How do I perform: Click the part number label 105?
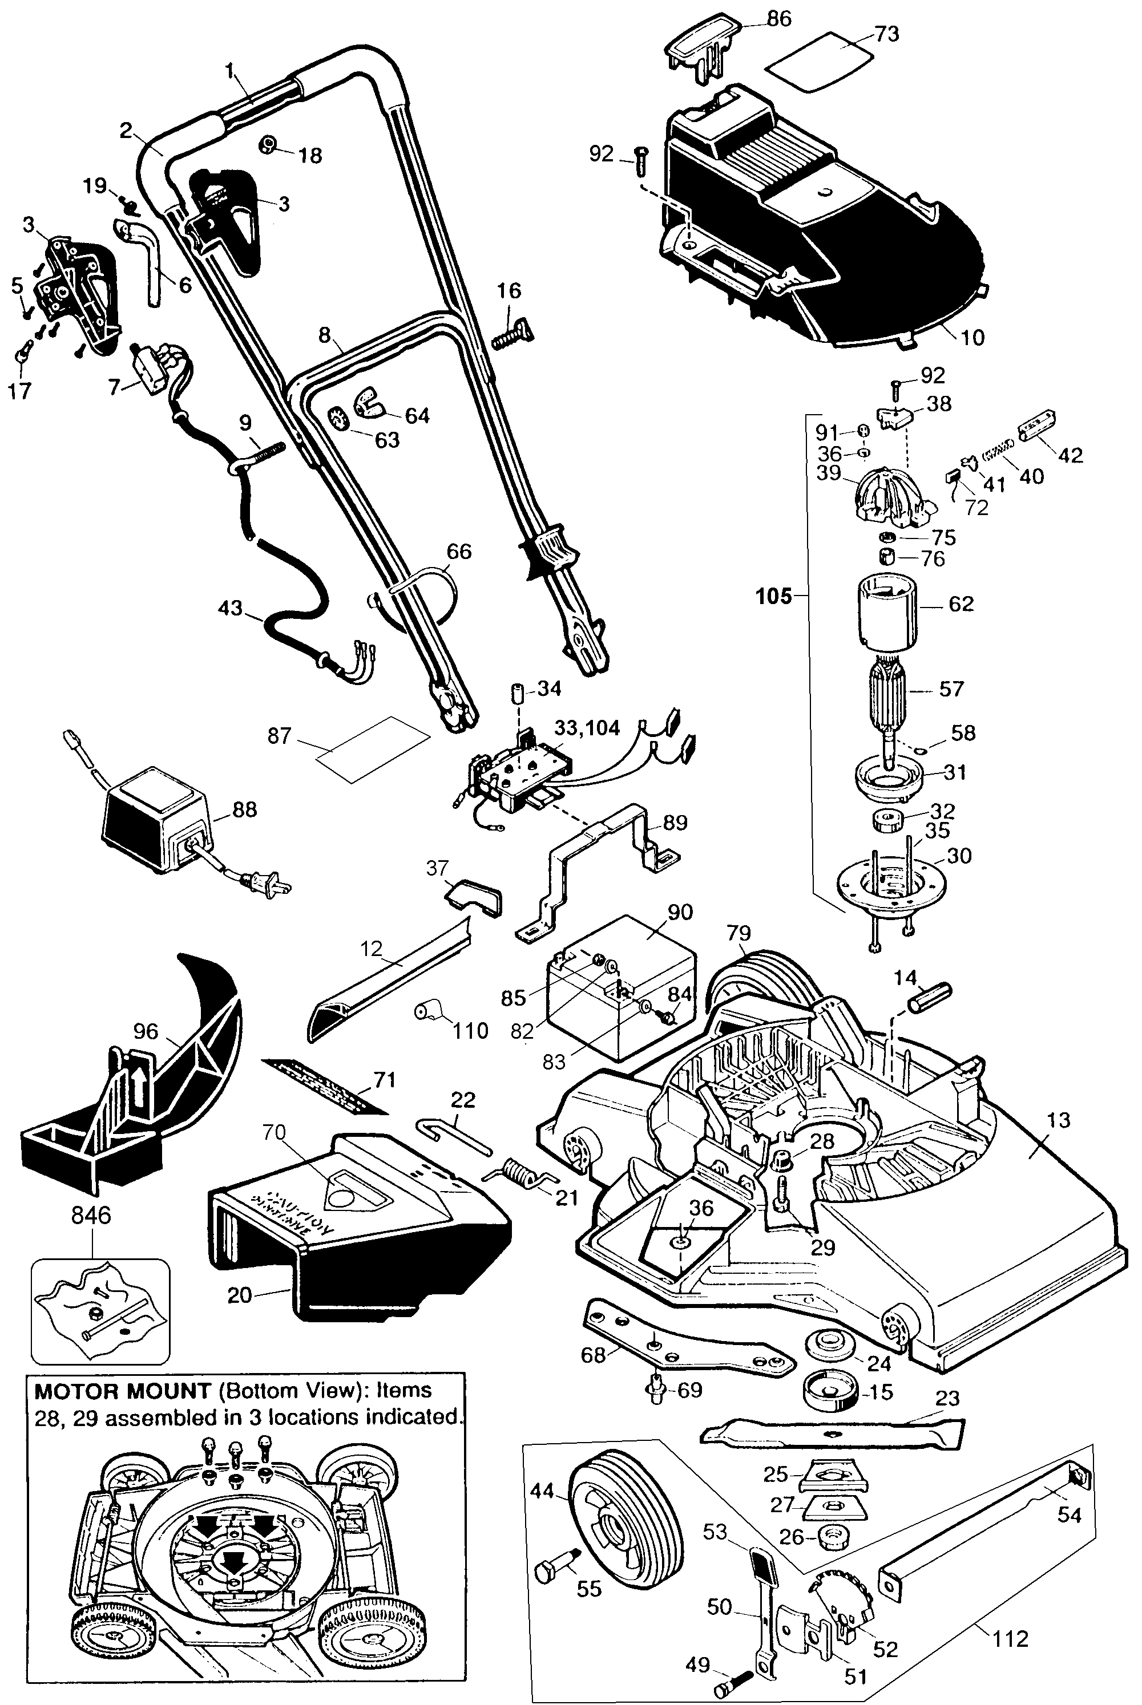(773, 596)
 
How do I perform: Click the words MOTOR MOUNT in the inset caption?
(122, 1391)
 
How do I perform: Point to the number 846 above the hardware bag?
(92, 1215)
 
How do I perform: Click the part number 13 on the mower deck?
(1058, 1120)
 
